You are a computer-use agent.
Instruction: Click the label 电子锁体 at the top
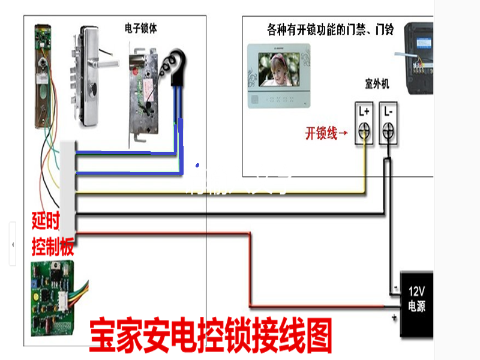(x=141, y=28)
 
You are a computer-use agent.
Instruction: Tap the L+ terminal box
(x=364, y=124)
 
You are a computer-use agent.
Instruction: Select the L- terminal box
(x=388, y=124)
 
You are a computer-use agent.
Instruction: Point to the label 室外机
(x=377, y=85)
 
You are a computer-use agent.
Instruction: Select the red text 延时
(x=46, y=222)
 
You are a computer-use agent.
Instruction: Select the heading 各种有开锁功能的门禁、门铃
(x=330, y=29)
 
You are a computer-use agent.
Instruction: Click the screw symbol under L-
(x=388, y=130)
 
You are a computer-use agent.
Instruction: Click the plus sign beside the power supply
(x=394, y=316)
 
